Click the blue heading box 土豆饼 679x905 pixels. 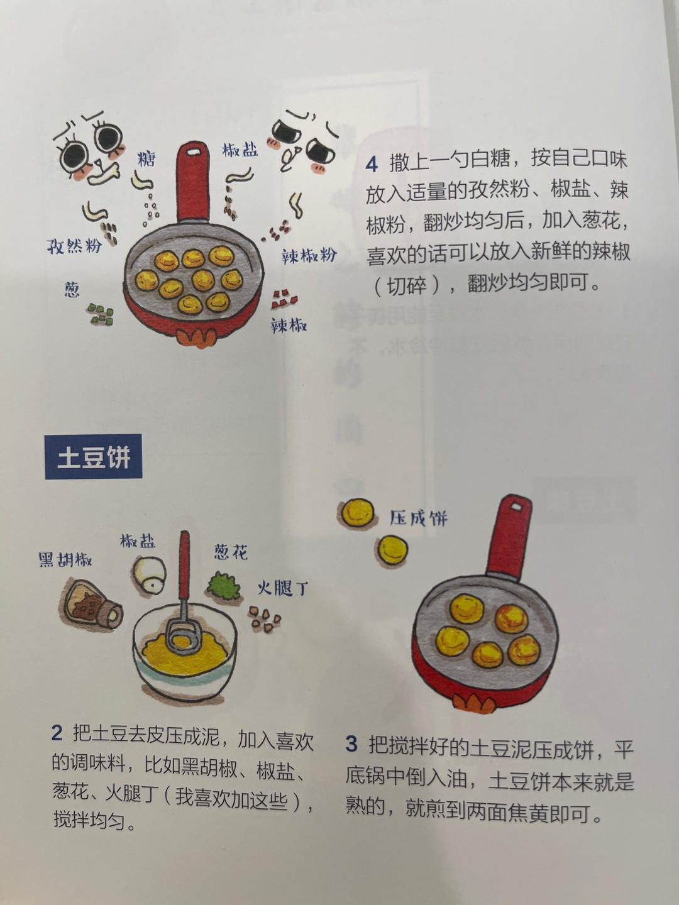pyautogui.click(x=93, y=457)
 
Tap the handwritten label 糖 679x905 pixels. pyautogui.click(x=146, y=159)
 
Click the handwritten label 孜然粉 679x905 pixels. pyautogui.click(x=74, y=245)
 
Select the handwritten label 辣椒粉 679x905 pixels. pyautogui.click(x=309, y=255)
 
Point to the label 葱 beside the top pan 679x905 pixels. pyautogui.click(x=72, y=289)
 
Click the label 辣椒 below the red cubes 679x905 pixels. pyautogui.click(x=289, y=325)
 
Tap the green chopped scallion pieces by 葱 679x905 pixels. pyautogui.click(x=101, y=314)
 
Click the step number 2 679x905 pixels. pyautogui.click(x=57, y=733)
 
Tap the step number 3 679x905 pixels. pyautogui.click(x=351, y=745)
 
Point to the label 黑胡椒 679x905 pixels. pyautogui.click(x=65, y=559)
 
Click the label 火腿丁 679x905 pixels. pyautogui.click(x=282, y=588)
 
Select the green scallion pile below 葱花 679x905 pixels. pyautogui.click(x=224, y=584)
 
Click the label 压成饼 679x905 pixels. pyautogui.click(x=418, y=518)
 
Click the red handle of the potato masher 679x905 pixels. pyautogui.click(x=184, y=566)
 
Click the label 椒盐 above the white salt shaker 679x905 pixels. pyautogui.click(x=138, y=540)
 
